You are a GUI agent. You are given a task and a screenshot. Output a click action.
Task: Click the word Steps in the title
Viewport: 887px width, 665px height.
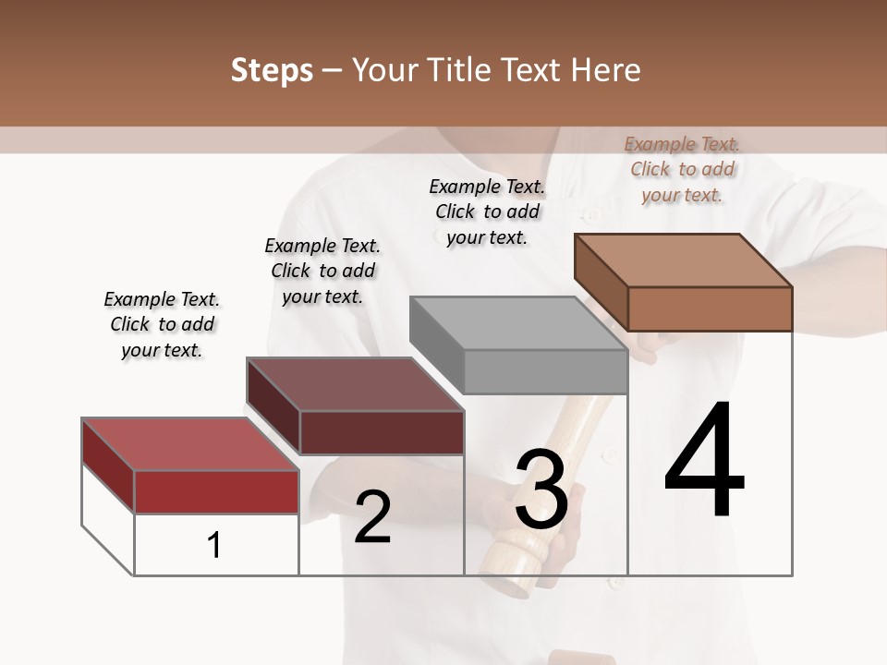(272, 70)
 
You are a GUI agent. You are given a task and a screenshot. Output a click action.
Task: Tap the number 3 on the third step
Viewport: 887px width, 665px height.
(541, 490)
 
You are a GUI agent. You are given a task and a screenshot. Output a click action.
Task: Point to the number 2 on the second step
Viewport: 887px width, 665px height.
(372, 518)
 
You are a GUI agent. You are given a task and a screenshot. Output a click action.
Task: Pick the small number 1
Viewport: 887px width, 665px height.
(214, 545)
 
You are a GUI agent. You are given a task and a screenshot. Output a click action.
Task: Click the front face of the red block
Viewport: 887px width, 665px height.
(216, 491)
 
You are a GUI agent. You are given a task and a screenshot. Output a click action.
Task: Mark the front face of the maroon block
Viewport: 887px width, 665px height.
(382, 432)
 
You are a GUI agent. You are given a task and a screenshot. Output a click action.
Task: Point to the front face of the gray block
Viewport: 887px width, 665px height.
(545, 372)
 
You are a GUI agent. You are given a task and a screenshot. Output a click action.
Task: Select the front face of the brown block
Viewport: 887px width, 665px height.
(710, 308)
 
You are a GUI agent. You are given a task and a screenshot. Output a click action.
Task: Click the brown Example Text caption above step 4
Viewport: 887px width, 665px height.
(682, 169)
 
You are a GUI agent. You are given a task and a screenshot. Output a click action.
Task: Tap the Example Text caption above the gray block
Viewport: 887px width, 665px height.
(487, 212)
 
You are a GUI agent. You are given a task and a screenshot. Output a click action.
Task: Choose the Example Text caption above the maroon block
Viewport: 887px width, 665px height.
(322, 271)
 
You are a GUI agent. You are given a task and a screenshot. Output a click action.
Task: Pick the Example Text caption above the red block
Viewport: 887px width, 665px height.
(162, 324)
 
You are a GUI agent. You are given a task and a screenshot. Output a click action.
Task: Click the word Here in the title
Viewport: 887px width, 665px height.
(604, 70)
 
